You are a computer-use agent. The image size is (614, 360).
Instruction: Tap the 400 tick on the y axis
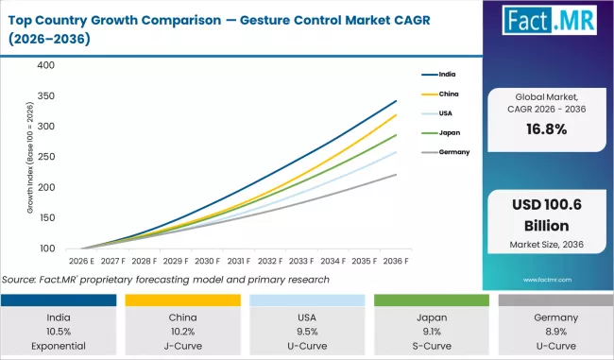point(46,65)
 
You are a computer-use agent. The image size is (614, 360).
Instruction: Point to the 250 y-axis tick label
point(46,157)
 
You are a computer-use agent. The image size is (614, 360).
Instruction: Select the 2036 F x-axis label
point(396,259)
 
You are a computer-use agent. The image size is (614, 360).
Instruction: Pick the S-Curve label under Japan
point(430,346)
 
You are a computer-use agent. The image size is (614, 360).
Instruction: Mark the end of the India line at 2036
point(397,100)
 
